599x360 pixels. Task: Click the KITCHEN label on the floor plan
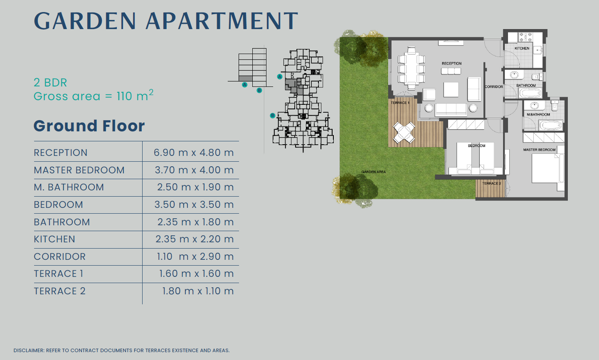pos(522,48)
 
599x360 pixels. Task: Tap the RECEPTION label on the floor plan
pos(451,63)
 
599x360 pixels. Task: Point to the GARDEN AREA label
pos(373,172)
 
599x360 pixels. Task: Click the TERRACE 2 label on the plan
pos(491,183)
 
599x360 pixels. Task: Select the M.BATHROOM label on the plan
pos(538,114)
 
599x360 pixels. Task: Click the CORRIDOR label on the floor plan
pos(494,86)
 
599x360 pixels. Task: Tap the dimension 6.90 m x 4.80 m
pos(194,153)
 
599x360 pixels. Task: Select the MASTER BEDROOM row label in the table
pos(79,170)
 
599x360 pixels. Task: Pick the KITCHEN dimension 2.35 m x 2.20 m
pos(195,239)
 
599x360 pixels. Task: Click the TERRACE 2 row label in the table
pos(59,291)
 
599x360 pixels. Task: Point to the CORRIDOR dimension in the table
pos(195,256)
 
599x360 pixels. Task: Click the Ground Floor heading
pos(89,126)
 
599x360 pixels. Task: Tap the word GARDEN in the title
pos(85,21)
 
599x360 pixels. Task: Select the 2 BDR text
pos(50,82)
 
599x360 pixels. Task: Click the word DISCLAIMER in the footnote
pos(29,350)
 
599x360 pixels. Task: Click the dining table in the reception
pos(411,68)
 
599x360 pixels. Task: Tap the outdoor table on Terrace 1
pos(404,133)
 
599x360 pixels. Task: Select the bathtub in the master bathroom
pos(550,126)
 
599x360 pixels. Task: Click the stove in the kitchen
pos(525,37)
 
